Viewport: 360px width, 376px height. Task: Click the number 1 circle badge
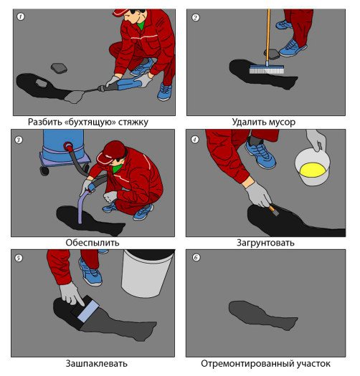pyautogui.click(x=21, y=16)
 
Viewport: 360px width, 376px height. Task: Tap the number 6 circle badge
pyautogui.click(x=196, y=258)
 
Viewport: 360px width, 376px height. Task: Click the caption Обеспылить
pyautogui.click(x=93, y=243)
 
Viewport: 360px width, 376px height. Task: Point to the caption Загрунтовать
pyautogui.click(x=265, y=243)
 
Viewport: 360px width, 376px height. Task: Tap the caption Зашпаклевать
pyautogui.click(x=96, y=363)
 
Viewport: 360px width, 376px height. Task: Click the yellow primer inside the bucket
pyautogui.click(x=313, y=170)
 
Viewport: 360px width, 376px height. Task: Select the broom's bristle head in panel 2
pyautogui.click(x=267, y=69)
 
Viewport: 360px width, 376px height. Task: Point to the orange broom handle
pyautogui.click(x=268, y=36)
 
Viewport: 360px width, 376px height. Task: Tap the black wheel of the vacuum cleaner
pyautogui.click(x=44, y=170)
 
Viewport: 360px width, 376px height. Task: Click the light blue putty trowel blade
pyautogui.click(x=88, y=312)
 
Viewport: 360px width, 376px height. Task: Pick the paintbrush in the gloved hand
pyautogui.click(x=273, y=211)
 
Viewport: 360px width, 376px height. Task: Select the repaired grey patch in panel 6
pyautogui.click(x=262, y=315)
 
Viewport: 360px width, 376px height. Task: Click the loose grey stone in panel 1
pyautogui.click(x=59, y=68)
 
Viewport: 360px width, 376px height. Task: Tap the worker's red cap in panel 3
pyautogui.click(x=112, y=152)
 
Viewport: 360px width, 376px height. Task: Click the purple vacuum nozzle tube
pyautogui.click(x=82, y=206)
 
